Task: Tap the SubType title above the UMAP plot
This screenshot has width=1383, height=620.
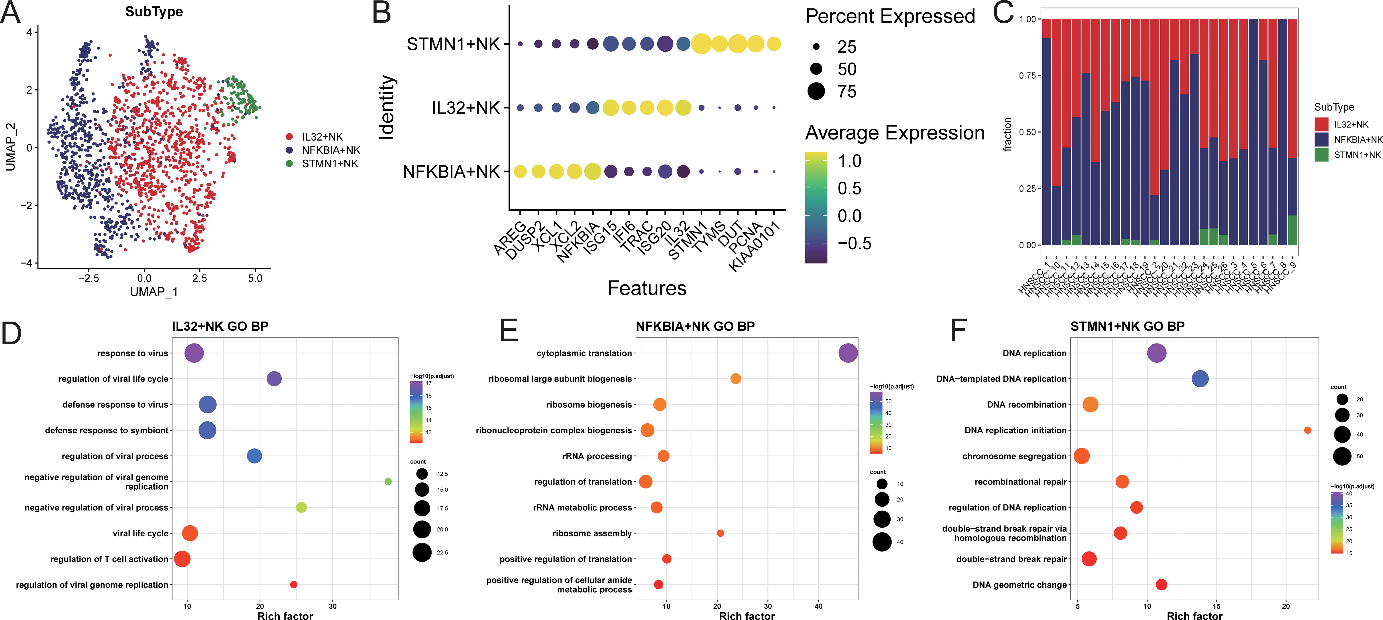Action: point(154,12)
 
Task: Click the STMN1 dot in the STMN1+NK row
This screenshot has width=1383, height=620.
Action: point(701,44)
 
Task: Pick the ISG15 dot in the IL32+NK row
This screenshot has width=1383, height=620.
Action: point(610,108)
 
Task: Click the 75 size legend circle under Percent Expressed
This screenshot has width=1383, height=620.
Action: point(816,91)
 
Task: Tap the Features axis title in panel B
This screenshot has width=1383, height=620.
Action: point(647,288)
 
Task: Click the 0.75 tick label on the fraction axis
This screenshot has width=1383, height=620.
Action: point(1027,76)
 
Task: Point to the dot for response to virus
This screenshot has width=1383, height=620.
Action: point(194,353)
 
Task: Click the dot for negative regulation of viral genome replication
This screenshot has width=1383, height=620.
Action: point(388,481)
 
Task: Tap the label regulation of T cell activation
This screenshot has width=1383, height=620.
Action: point(110,559)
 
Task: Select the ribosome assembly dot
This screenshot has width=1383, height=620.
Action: point(721,533)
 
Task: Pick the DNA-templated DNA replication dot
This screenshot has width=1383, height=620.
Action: point(1200,379)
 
